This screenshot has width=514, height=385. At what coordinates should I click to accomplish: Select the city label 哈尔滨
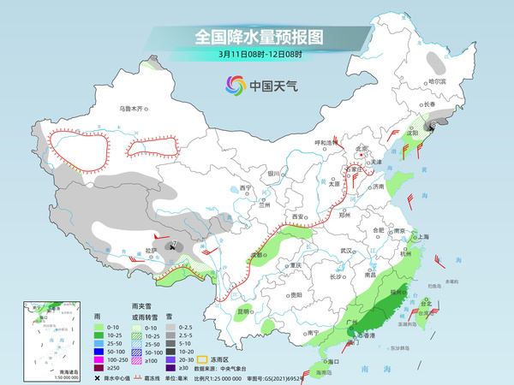(x=437, y=81)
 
